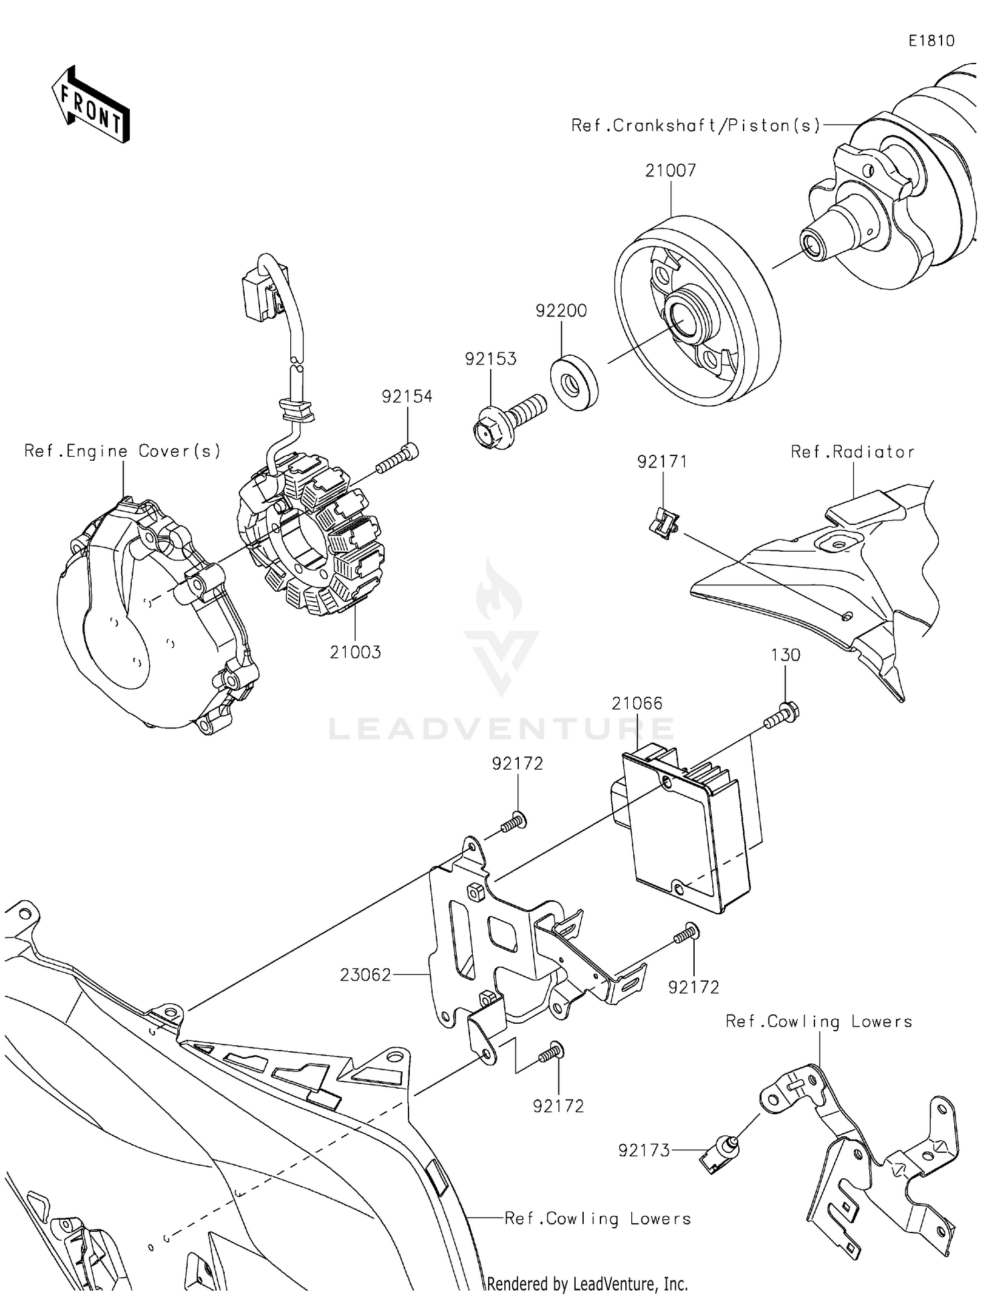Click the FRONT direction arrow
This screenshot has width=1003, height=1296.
91,105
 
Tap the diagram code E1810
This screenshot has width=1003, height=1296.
931,41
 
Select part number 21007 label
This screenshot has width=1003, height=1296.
670,171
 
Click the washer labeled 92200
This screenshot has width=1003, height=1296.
574,384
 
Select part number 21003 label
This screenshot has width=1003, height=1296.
355,652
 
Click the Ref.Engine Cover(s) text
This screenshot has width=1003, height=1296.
122,451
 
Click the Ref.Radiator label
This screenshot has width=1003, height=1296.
852,452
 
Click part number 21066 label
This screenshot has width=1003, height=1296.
637,703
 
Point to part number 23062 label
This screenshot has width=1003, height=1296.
365,975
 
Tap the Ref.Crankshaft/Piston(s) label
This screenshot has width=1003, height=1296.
695,126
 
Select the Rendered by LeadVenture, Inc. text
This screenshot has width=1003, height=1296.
587,1283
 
